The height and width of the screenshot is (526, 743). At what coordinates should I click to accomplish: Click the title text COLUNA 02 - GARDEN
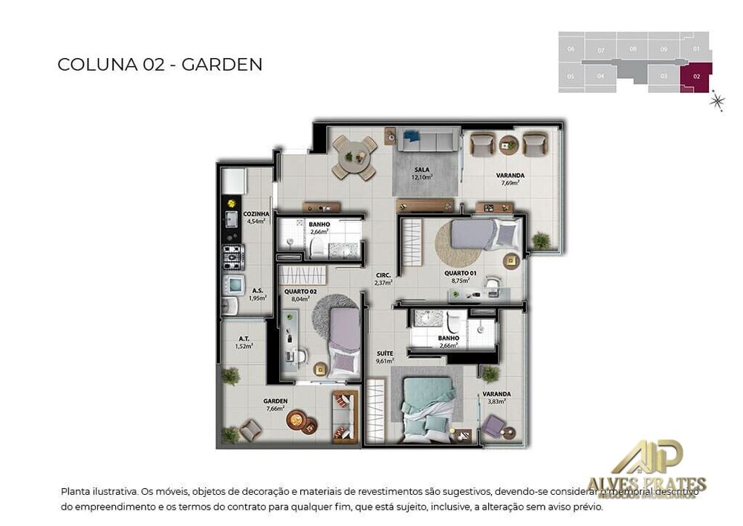click(x=160, y=65)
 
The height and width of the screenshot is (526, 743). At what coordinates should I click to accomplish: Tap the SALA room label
click(x=422, y=170)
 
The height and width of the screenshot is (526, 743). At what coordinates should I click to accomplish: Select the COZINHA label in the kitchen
click(x=256, y=214)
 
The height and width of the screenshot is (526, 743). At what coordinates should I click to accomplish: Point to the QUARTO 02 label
click(x=295, y=291)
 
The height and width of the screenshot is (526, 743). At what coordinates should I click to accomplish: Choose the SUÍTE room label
click(x=384, y=353)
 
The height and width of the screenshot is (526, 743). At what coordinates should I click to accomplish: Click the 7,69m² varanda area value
click(x=510, y=183)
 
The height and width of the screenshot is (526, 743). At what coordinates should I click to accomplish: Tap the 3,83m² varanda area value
click(x=496, y=401)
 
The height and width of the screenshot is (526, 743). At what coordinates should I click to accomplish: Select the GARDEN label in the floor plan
click(x=275, y=401)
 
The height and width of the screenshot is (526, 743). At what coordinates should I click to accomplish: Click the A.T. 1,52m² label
click(x=244, y=341)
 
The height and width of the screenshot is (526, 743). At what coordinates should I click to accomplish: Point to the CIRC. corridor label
click(x=383, y=275)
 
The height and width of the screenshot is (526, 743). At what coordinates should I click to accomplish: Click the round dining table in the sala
click(x=354, y=157)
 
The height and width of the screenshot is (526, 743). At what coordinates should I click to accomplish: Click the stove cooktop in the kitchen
click(x=233, y=257)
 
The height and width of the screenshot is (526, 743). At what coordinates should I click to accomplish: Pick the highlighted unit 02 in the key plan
click(x=696, y=77)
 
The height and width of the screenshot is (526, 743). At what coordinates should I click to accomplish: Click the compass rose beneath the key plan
click(x=717, y=101)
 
